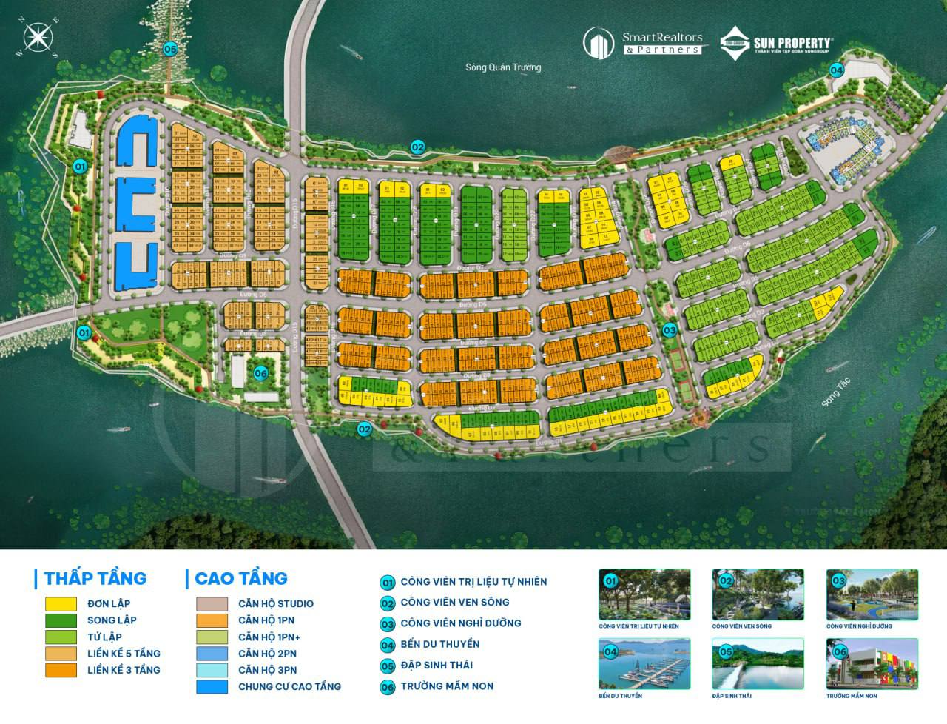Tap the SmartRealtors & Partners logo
(x=641, y=42)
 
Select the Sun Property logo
(x=776, y=42)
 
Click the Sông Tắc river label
(x=836, y=392)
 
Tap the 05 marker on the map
(x=171, y=49)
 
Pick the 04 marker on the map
(x=837, y=71)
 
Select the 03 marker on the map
(x=670, y=330)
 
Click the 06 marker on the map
(x=260, y=373)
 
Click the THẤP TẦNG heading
(x=95, y=578)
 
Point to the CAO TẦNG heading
(x=240, y=578)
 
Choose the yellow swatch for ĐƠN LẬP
(x=61, y=604)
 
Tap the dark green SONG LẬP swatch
(x=61, y=620)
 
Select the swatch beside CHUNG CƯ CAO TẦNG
(x=212, y=687)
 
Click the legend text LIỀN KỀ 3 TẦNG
(x=124, y=670)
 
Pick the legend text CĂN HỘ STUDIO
(x=275, y=604)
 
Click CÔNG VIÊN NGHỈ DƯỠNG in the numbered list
(x=460, y=623)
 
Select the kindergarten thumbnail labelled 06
(x=872, y=665)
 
